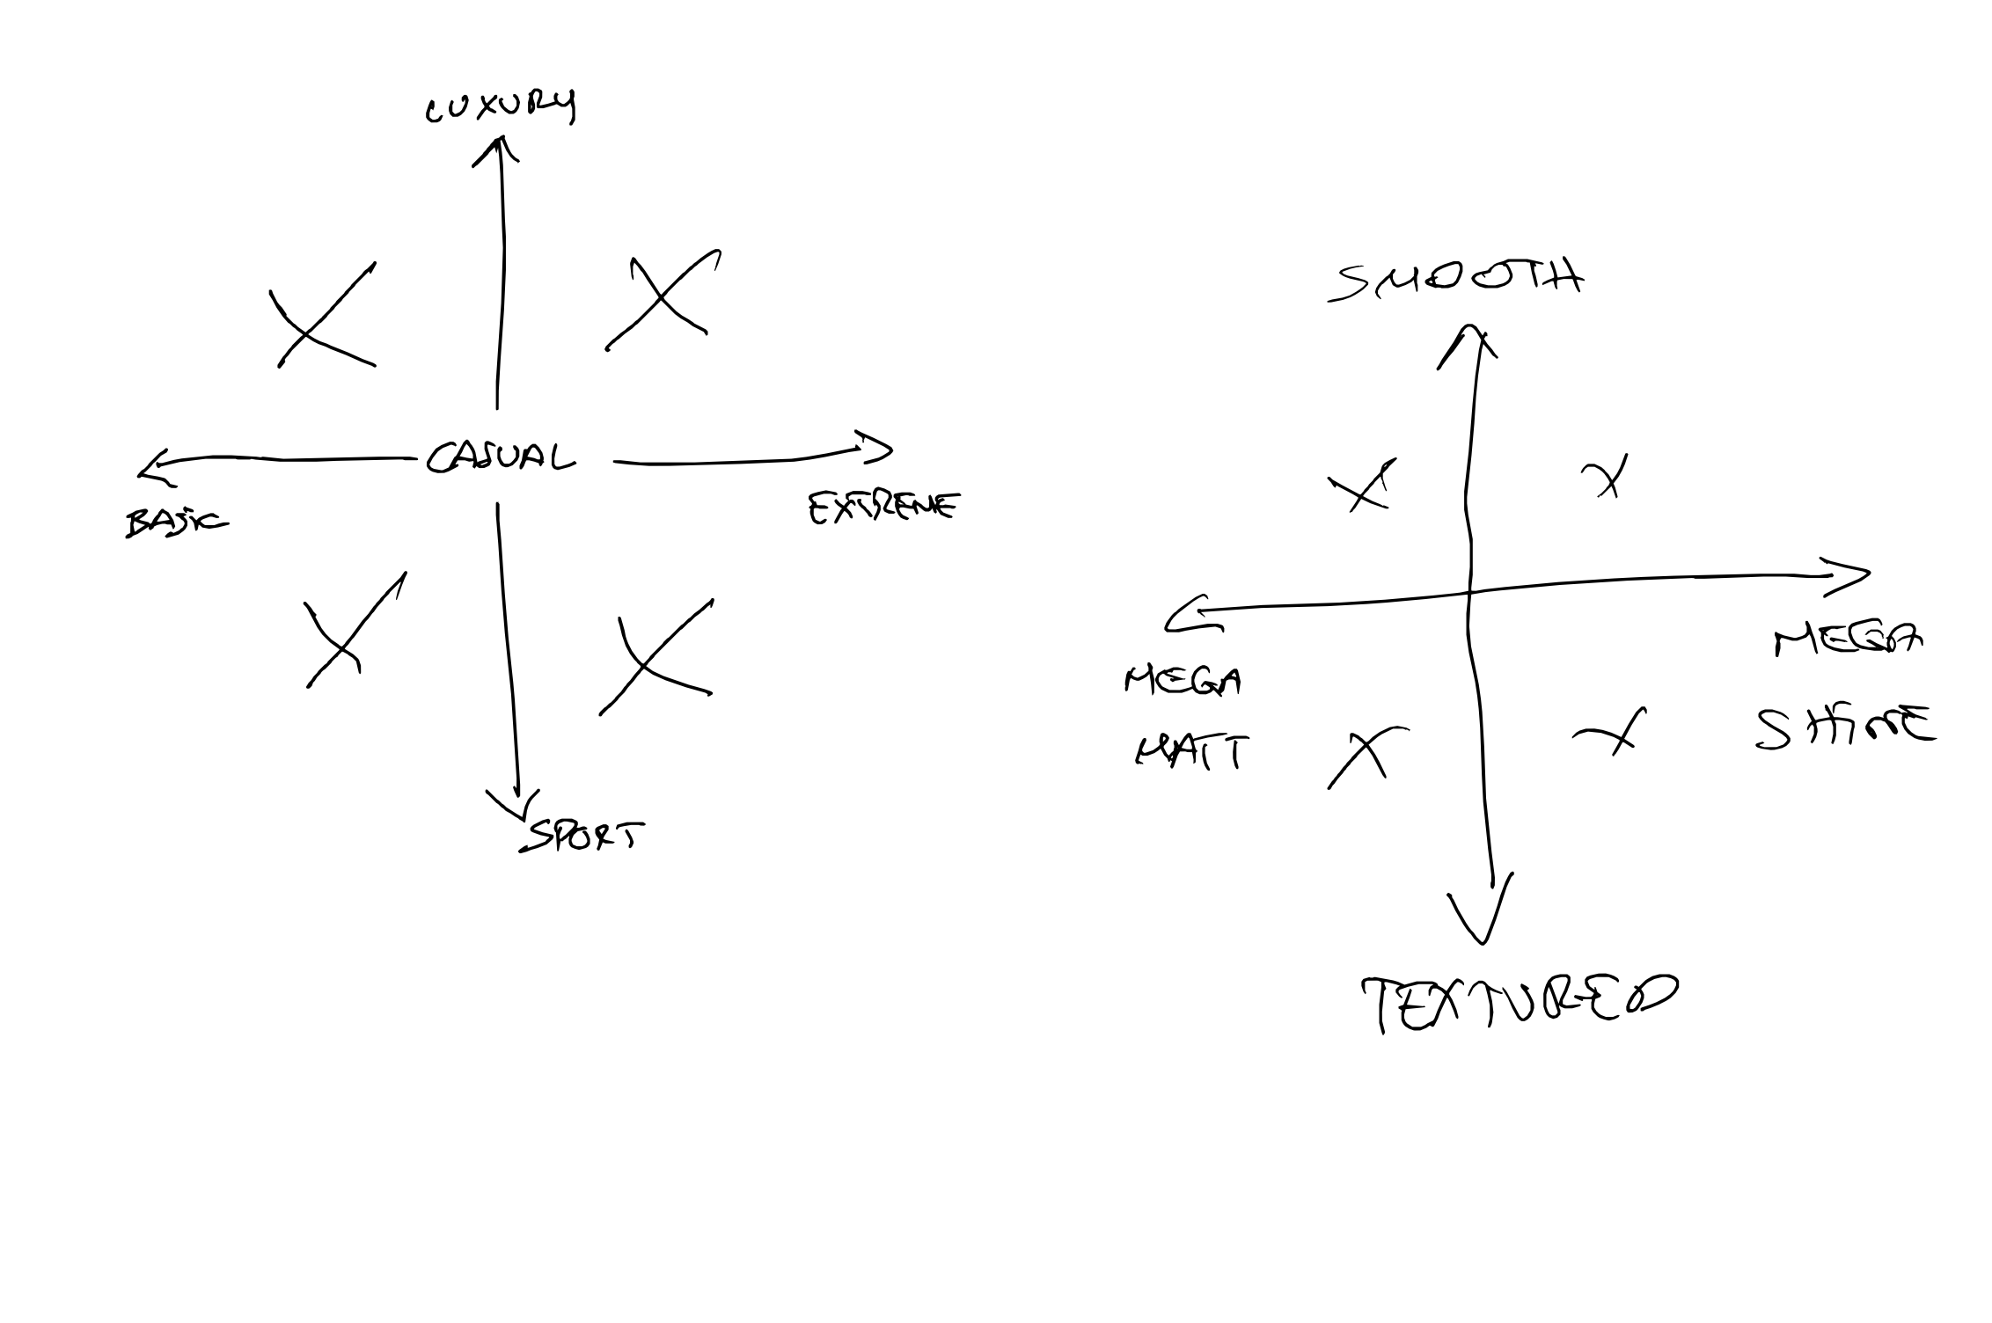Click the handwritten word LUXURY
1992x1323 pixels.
point(500,107)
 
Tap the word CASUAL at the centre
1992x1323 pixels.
point(500,457)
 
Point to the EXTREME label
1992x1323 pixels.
point(882,508)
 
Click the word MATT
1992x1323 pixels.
point(1192,752)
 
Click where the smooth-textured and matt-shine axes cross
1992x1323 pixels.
point(1468,592)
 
